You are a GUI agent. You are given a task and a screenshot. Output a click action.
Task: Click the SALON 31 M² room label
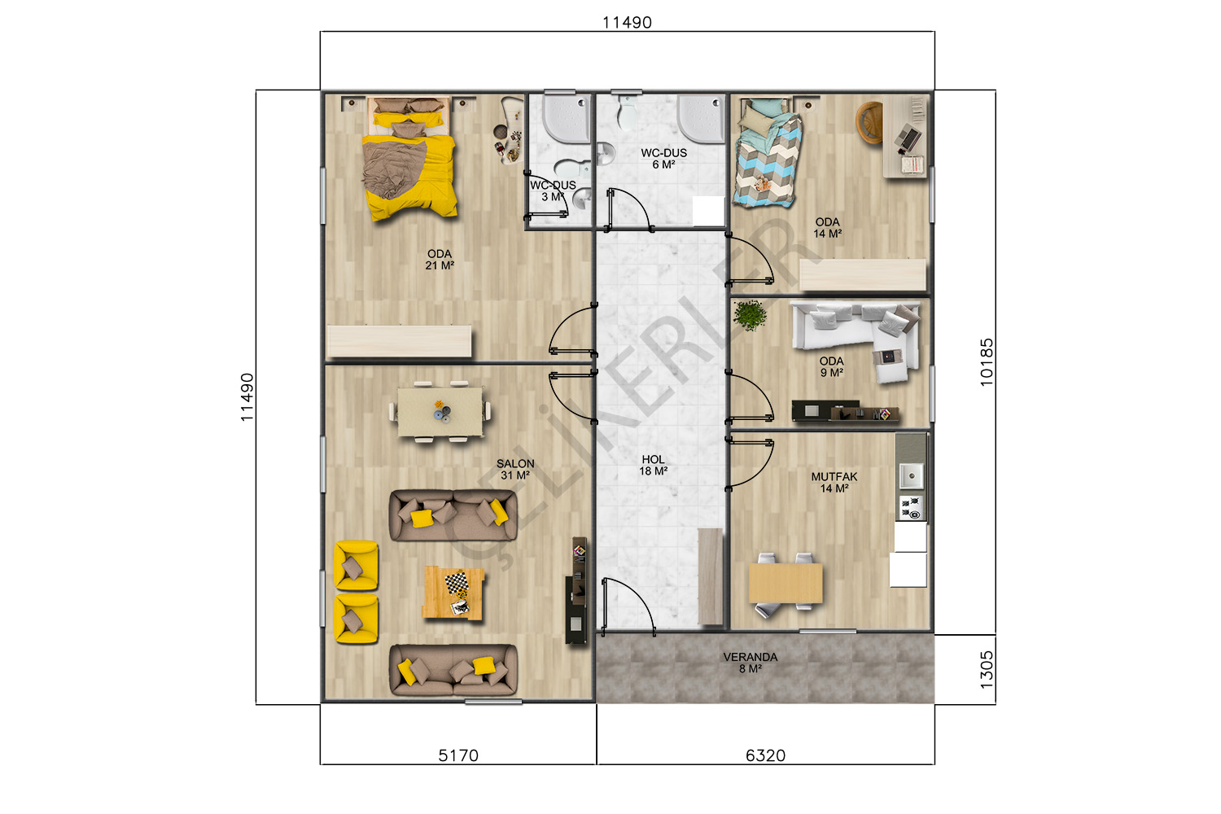(x=515, y=470)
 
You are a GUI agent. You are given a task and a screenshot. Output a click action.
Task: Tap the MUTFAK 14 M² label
(x=834, y=483)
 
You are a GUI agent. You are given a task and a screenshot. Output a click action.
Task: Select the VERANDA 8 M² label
(x=750, y=663)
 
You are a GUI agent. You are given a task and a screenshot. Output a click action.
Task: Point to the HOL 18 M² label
(x=653, y=466)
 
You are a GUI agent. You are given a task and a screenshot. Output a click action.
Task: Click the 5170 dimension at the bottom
(x=458, y=755)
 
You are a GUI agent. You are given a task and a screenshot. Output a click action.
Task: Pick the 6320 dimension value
(x=765, y=755)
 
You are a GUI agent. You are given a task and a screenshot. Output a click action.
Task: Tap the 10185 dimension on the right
(x=987, y=362)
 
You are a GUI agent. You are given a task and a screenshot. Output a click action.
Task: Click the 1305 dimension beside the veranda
(x=987, y=670)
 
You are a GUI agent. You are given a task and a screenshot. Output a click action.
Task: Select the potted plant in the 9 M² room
(x=750, y=315)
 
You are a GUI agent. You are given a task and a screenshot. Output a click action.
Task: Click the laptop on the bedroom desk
(x=907, y=137)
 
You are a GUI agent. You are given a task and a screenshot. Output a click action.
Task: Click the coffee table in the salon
(x=453, y=593)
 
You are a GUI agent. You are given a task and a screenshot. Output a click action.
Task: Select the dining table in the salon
(x=440, y=411)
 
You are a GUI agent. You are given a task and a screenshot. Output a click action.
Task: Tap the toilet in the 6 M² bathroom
(x=627, y=112)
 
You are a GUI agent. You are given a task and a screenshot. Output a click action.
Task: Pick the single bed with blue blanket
(x=768, y=154)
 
